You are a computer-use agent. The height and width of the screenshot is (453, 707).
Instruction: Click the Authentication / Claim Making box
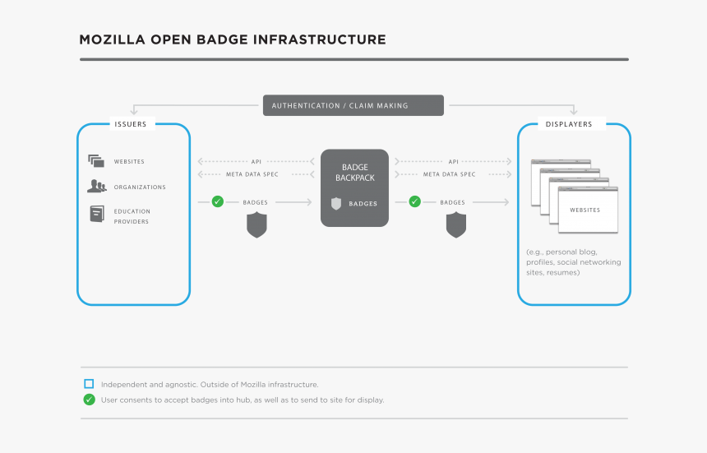click(x=353, y=105)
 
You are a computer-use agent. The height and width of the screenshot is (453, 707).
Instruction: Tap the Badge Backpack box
click(x=354, y=187)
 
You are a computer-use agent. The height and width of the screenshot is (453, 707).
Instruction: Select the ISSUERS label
click(x=130, y=125)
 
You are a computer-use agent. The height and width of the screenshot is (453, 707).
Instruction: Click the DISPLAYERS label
click(x=568, y=125)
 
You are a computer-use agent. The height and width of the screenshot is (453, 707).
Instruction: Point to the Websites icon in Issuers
click(x=96, y=161)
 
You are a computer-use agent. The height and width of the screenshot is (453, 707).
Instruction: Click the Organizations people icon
click(x=96, y=187)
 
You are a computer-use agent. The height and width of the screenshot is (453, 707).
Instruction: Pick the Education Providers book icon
click(x=97, y=214)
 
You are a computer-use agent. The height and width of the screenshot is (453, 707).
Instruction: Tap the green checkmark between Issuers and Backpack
click(x=217, y=201)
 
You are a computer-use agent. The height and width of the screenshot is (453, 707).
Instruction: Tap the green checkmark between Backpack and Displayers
click(x=414, y=201)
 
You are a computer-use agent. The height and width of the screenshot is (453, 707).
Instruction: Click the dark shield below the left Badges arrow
click(x=257, y=225)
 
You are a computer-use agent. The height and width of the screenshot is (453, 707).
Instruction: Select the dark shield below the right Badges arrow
click(x=455, y=225)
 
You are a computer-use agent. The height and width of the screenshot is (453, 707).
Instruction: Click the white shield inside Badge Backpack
click(x=335, y=204)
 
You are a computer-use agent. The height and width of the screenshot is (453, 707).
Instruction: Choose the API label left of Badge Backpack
click(x=256, y=162)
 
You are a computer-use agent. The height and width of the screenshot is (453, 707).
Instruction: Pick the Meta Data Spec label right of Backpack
click(x=449, y=174)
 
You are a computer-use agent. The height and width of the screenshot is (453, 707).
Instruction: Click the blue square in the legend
click(x=89, y=384)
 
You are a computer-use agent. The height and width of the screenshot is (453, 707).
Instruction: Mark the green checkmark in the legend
click(x=89, y=400)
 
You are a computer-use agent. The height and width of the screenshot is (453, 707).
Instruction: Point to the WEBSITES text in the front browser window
click(x=585, y=210)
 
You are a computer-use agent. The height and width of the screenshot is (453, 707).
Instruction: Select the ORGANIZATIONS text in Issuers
click(x=140, y=187)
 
